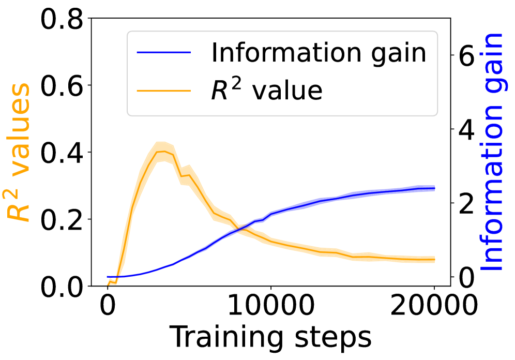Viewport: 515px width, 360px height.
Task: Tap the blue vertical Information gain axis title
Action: click(x=493, y=153)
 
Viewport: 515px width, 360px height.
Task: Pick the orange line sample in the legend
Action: click(x=164, y=90)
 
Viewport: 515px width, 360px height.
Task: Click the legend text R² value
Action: click(x=266, y=91)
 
